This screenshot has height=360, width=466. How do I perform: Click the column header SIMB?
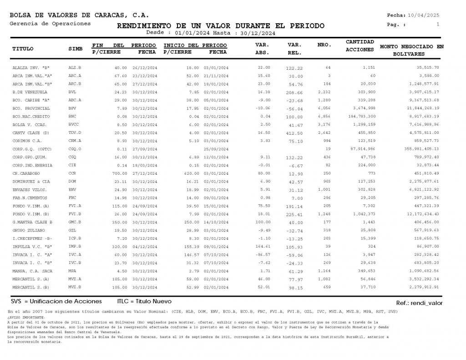(x=76, y=48)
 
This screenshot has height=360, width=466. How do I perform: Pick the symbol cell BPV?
(x=72, y=108)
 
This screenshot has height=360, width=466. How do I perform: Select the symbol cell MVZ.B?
(x=75, y=287)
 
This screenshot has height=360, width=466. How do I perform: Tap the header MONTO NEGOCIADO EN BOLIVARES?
(x=411, y=50)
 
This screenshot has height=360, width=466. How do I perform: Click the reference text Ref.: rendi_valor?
(x=419, y=303)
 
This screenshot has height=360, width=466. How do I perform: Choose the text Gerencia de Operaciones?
(x=50, y=24)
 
